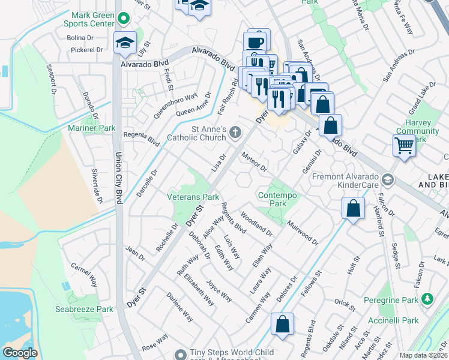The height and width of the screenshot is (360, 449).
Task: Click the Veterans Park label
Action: pyautogui.click(x=193, y=197)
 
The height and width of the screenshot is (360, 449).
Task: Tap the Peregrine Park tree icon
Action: pyautogui.click(x=427, y=298)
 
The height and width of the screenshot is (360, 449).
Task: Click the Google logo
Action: pyautogui.click(x=20, y=353)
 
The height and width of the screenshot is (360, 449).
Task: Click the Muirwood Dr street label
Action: pyautogui.click(x=302, y=233)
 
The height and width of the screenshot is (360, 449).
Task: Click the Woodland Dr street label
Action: pyautogui.click(x=256, y=223)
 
